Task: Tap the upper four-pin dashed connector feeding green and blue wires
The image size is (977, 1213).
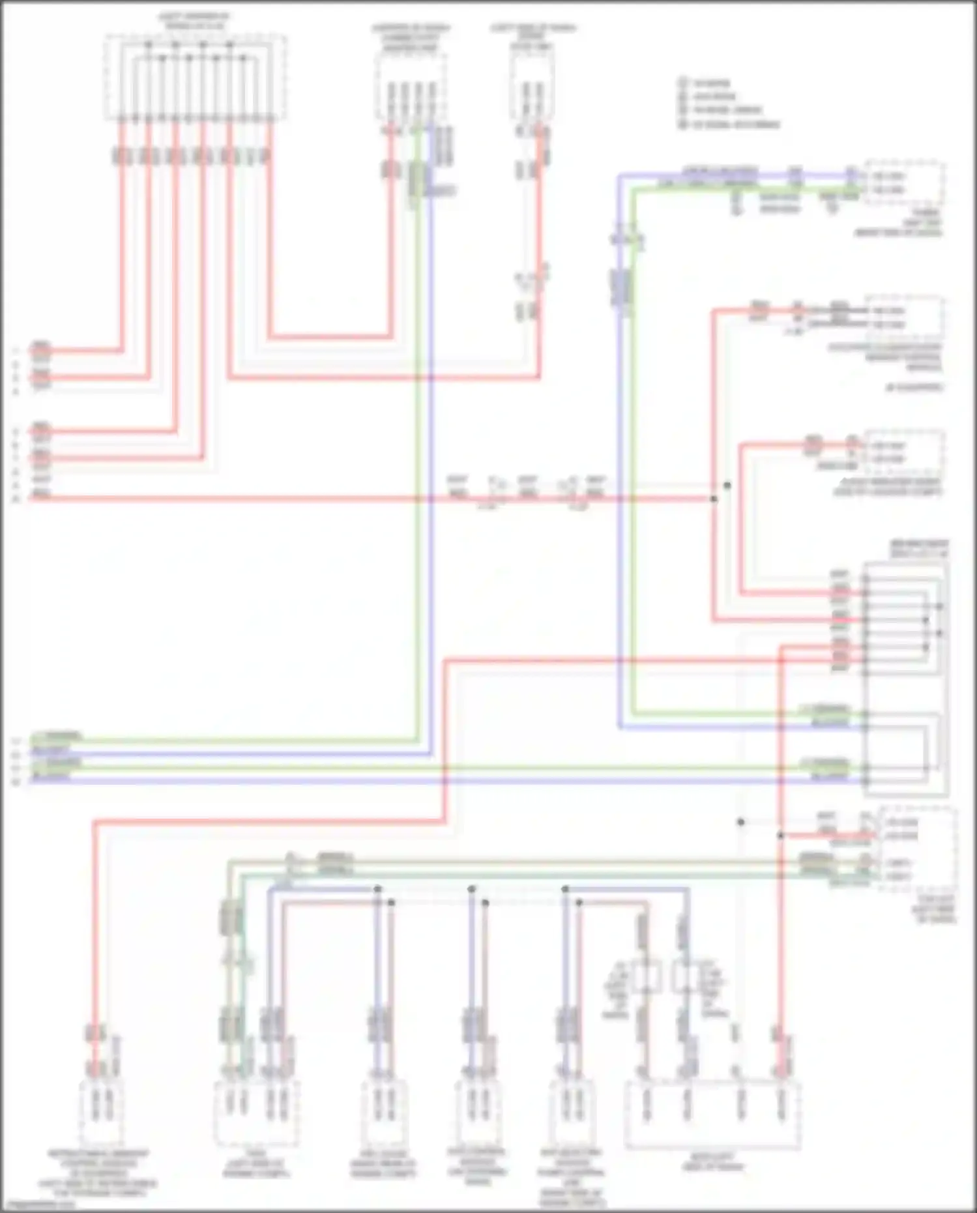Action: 411,88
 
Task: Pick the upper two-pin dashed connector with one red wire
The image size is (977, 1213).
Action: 532,88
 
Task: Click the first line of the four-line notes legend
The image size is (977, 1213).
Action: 710,83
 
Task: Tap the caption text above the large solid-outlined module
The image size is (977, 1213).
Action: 919,548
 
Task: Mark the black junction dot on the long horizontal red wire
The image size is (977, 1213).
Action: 714,499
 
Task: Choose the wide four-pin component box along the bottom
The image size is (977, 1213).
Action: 712,1115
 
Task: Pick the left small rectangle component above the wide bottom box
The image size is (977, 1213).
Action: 647,978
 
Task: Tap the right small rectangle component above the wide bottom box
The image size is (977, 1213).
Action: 684,978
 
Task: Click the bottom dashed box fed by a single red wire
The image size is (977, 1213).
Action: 101,1111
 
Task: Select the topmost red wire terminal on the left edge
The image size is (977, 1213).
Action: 40,351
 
